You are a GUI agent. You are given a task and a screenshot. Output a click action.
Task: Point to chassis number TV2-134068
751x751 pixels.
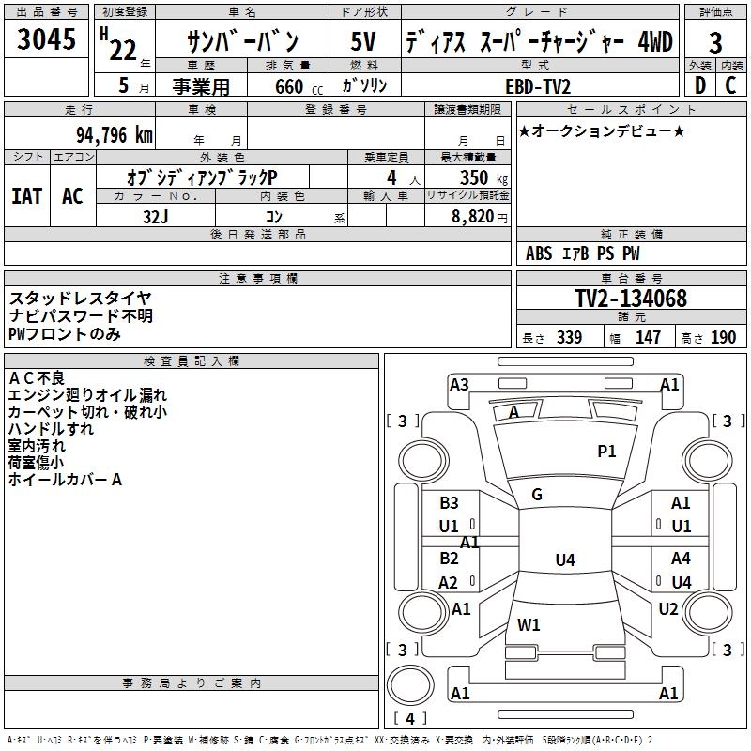point(631,299)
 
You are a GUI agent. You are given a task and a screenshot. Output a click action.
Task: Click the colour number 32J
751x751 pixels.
point(154,215)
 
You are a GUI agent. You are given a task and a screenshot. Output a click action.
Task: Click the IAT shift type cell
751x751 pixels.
point(26,196)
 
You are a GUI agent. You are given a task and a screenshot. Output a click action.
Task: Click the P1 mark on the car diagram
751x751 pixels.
point(606,452)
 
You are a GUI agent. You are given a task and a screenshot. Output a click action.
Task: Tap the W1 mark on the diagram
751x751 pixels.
point(529,624)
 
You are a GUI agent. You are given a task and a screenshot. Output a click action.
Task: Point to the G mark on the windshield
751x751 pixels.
point(537,495)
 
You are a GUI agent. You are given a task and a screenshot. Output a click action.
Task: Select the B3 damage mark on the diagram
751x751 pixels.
point(449,503)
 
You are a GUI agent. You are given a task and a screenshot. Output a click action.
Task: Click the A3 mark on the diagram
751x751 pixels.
point(459,384)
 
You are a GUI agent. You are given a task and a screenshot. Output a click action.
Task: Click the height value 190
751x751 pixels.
point(723,338)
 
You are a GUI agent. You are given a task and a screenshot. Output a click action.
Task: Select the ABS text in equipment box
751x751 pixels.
point(539,253)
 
